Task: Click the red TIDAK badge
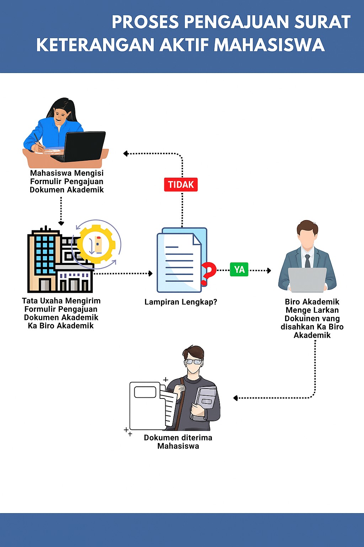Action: (181, 184)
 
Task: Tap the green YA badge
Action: (239, 270)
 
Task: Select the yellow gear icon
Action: (96, 244)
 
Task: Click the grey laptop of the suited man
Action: (307, 280)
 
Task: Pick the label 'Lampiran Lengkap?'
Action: (181, 302)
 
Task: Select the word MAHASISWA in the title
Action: (269, 45)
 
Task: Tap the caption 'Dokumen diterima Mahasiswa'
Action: (178, 442)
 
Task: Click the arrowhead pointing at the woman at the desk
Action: (125, 153)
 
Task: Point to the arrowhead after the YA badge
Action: (269, 271)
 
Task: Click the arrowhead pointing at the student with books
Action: (235, 398)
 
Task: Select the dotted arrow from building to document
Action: (123, 273)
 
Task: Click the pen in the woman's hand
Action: (38, 140)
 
